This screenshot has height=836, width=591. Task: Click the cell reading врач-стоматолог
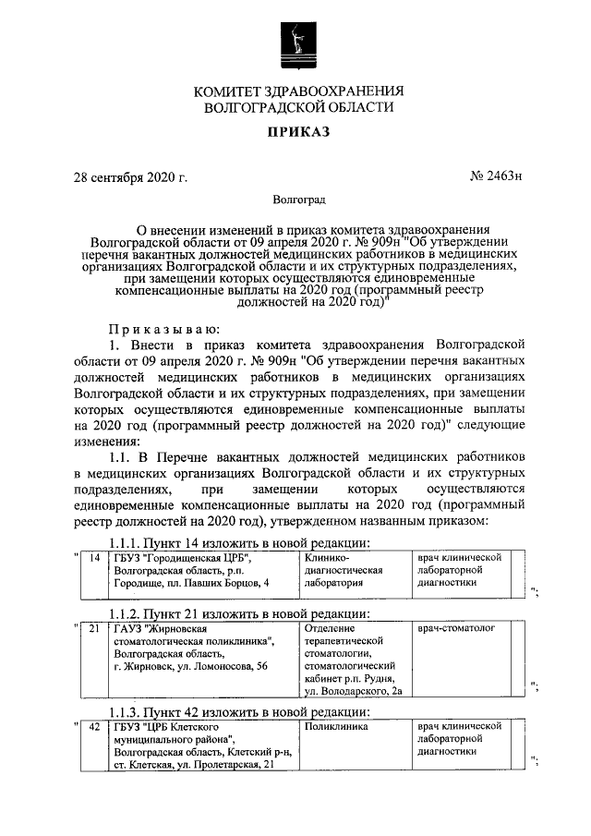tap(456, 627)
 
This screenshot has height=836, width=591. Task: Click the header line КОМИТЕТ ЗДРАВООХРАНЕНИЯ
tap(298, 91)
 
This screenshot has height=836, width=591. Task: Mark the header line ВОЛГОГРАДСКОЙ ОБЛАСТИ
tap(298, 107)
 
